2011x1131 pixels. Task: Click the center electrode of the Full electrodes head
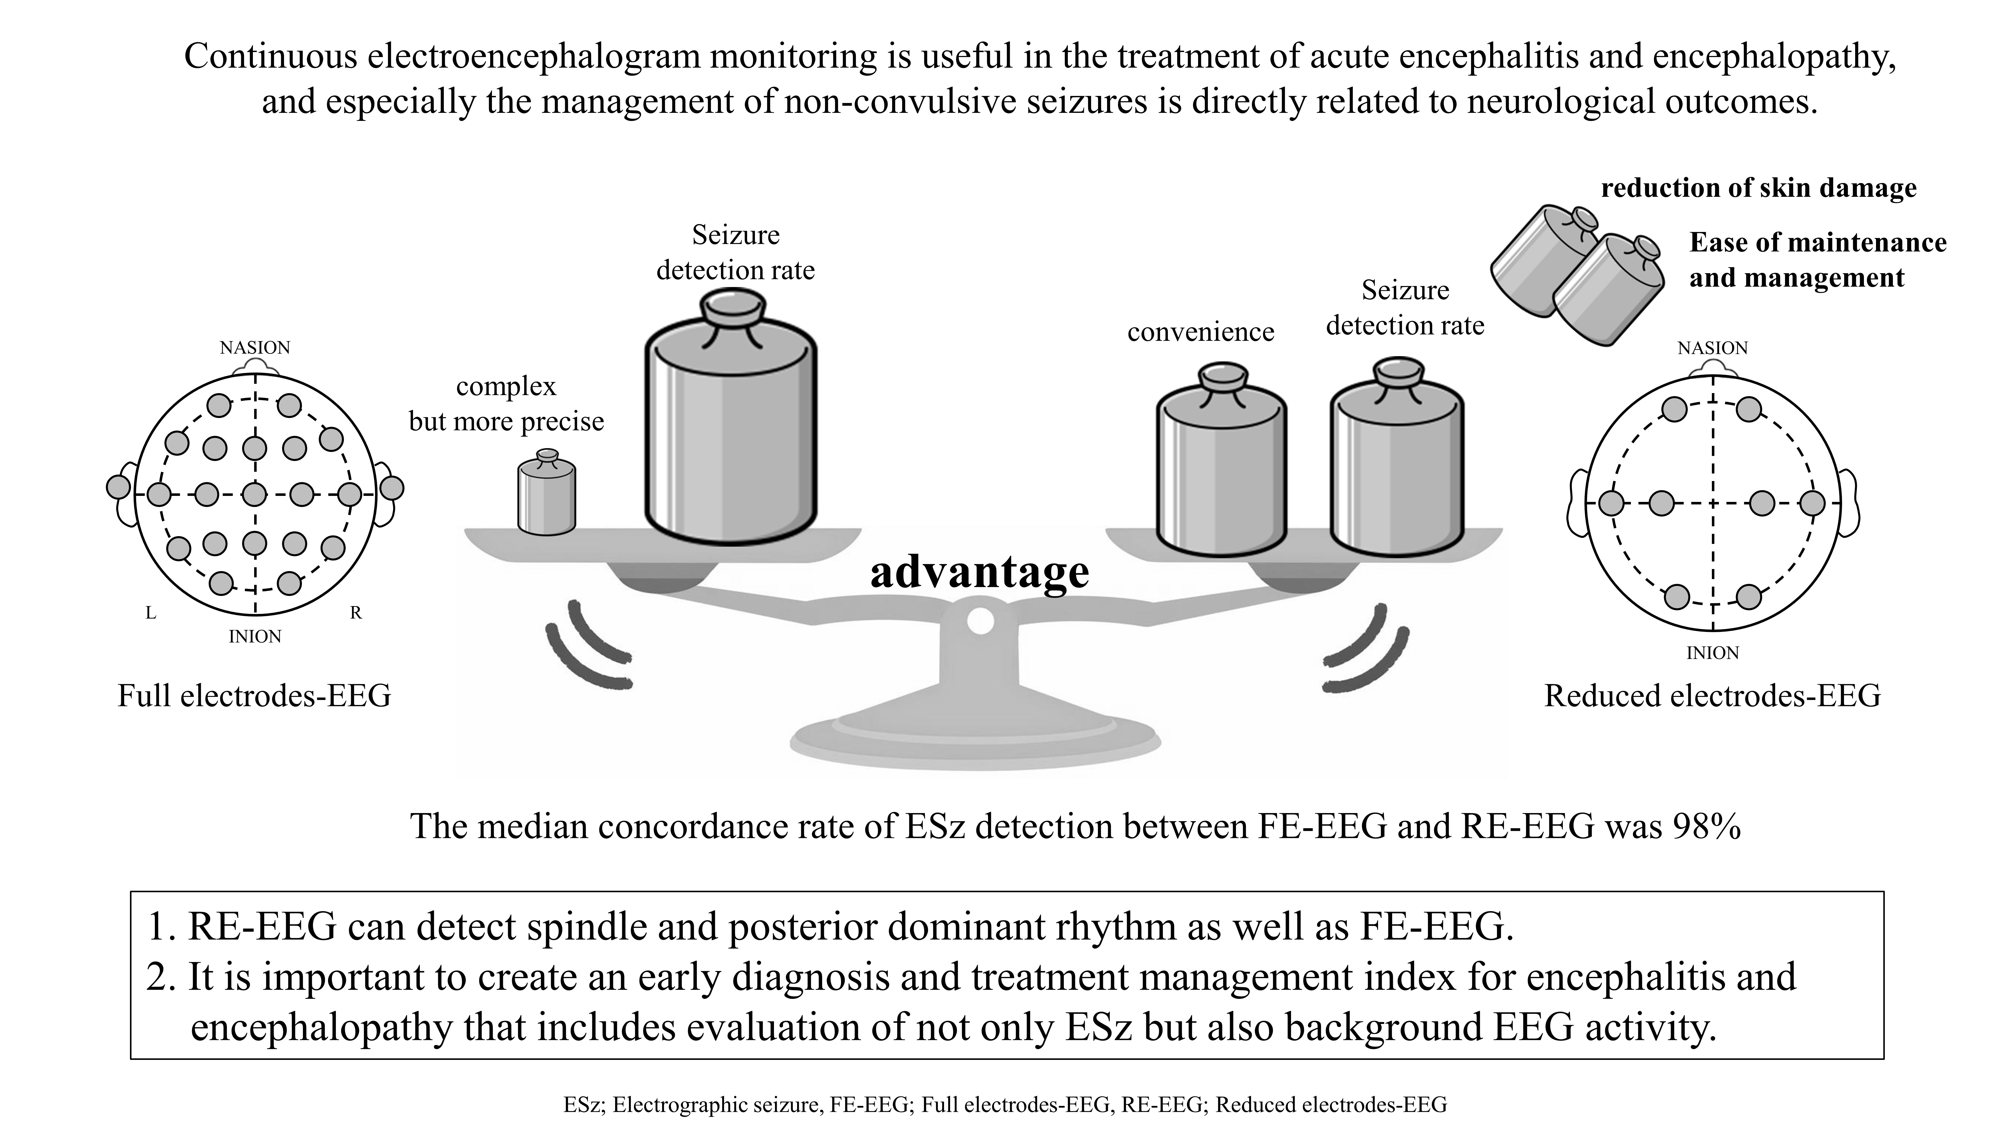coord(254,494)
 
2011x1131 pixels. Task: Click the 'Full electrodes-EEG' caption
coord(254,695)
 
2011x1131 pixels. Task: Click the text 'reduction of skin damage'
coord(1759,188)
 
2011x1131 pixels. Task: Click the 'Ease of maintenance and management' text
coord(1817,260)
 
